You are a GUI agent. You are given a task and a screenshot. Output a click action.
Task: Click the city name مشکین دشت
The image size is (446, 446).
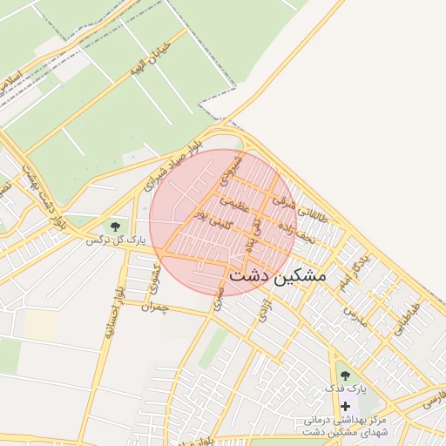(277, 276)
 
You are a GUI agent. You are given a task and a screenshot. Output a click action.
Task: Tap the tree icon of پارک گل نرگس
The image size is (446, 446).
(115, 227)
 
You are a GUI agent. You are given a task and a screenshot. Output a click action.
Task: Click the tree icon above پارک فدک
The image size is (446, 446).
(346, 375)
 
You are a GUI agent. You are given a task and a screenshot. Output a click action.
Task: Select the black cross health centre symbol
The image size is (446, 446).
(346, 407)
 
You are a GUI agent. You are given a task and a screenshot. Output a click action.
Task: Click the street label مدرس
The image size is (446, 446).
(356, 316)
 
